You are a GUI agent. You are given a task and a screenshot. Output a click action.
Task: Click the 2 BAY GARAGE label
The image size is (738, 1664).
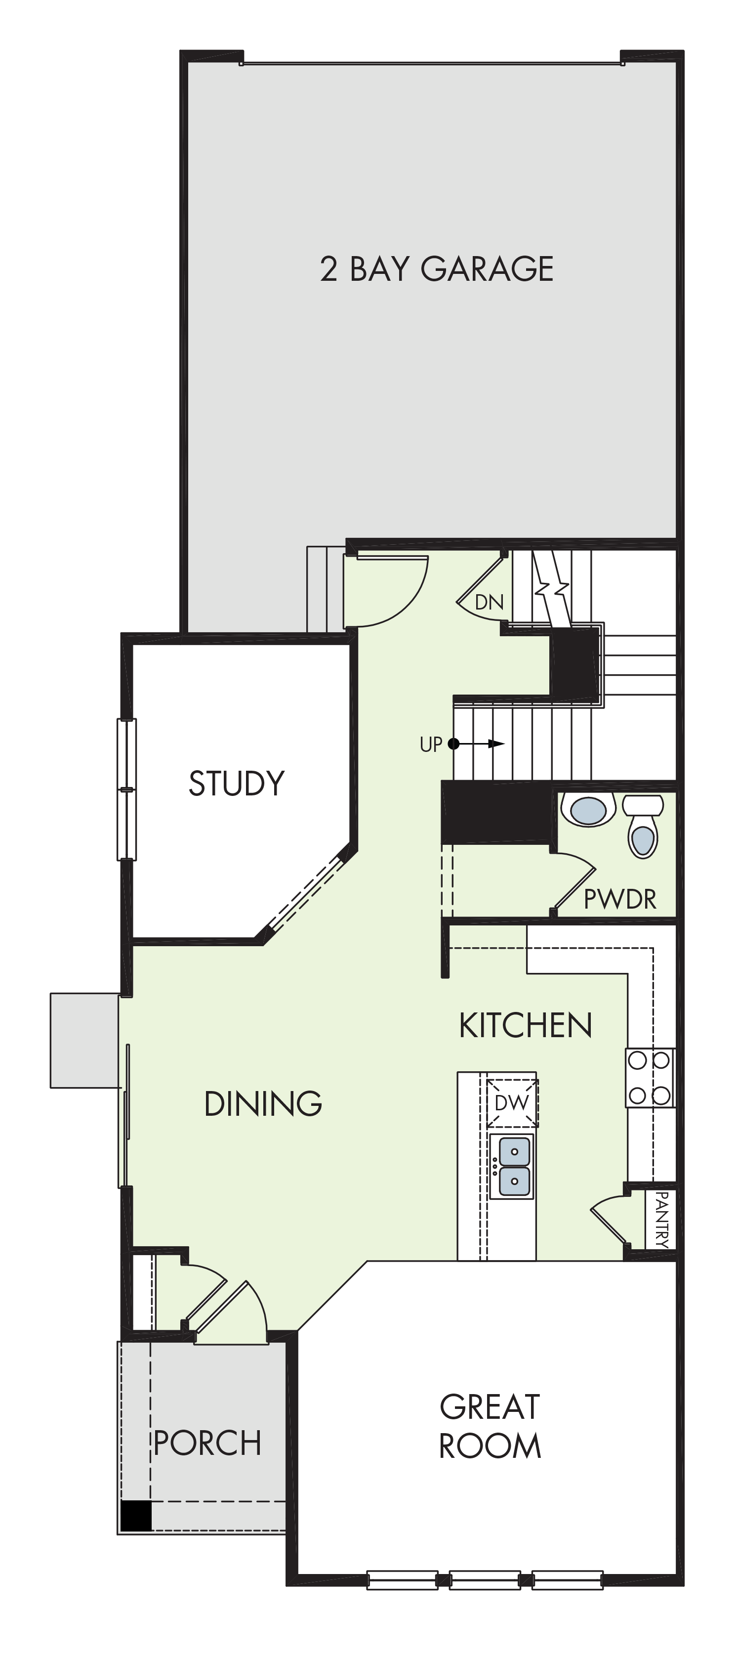click(437, 269)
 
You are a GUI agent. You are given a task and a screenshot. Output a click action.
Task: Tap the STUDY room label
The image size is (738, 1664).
click(236, 783)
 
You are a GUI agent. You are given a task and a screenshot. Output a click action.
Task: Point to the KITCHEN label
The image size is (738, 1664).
click(526, 1025)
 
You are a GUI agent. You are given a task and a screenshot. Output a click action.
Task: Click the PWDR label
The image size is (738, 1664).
click(620, 899)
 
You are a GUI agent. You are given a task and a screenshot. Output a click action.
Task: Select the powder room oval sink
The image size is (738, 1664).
click(587, 809)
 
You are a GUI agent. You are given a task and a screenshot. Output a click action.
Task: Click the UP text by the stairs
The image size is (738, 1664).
click(431, 744)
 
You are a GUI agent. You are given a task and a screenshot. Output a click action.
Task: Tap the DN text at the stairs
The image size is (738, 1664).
click(489, 602)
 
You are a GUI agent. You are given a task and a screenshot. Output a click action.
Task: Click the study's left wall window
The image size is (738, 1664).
click(126, 789)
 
